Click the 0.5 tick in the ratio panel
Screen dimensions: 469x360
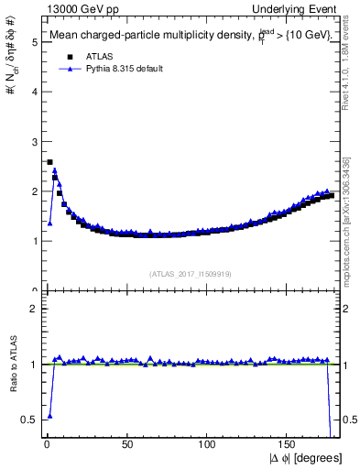tap(28, 420)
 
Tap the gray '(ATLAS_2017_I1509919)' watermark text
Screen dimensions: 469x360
tap(190, 273)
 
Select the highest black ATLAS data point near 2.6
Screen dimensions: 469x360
tap(49, 162)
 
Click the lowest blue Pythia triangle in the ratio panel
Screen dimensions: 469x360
tap(49, 415)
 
